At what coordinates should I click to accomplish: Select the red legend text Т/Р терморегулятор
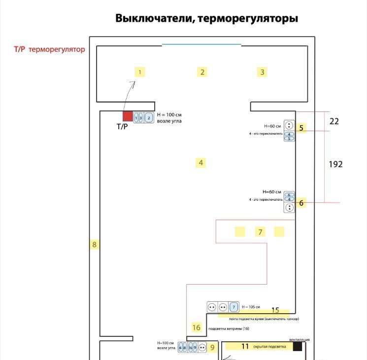[x=49, y=49]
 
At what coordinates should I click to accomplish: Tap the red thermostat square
[x=128, y=116]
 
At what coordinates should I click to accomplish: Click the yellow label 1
[x=140, y=72]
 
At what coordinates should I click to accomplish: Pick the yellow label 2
[x=202, y=72]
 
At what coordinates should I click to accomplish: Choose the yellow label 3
[x=262, y=72]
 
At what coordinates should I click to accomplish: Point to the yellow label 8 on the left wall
[x=95, y=244]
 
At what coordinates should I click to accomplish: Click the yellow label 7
[x=260, y=231]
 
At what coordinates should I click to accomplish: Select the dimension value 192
[x=335, y=164]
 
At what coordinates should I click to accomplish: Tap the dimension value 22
[x=334, y=121]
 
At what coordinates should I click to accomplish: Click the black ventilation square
[x=298, y=346]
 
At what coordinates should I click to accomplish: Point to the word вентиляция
[x=300, y=339]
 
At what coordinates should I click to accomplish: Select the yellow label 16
[x=197, y=327]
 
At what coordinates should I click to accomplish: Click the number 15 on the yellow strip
[x=275, y=310]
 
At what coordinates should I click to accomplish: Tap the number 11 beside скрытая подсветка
[x=245, y=346]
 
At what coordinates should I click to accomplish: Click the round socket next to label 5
[x=289, y=125]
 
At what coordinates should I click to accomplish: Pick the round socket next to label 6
[x=289, y=207]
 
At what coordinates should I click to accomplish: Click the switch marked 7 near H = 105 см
[x=234, y=307]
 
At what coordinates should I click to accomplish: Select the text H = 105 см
[x=251, y=306]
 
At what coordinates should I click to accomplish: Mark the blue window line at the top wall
[x=201, y=45]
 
